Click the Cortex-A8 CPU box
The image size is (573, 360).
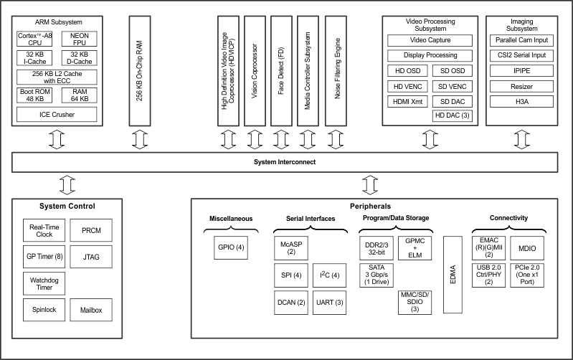(x=35, y=39)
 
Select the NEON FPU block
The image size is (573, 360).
(x=80, y=39)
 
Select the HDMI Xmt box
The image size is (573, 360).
(x=407, y=100)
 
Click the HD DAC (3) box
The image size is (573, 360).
(x=453, y=115)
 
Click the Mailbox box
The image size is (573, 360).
(x=91, y=311)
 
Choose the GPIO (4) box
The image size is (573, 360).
(x=231, y=247)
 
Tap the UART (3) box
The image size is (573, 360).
(x=329, y=303)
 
